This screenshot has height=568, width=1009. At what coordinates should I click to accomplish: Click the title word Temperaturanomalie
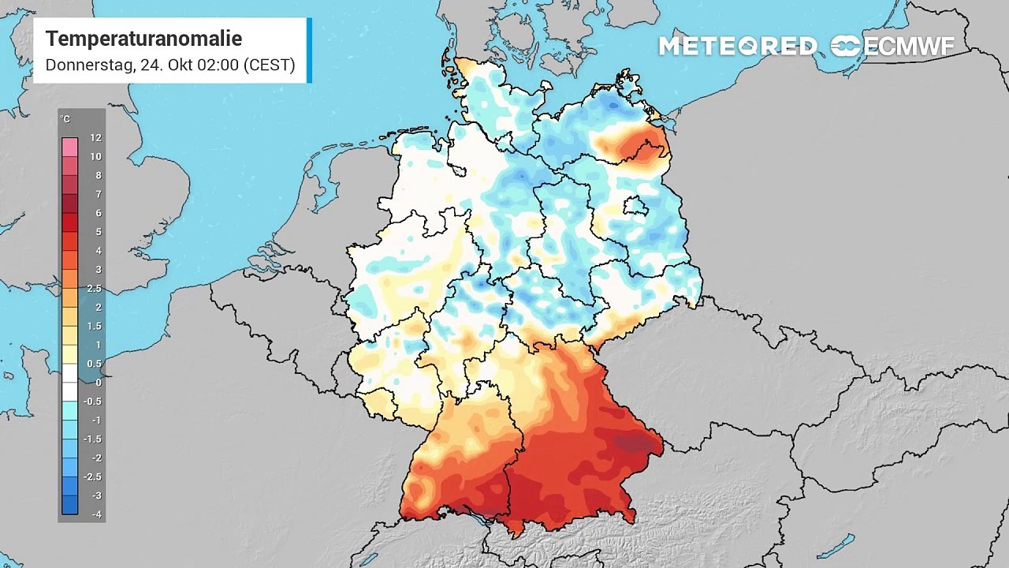[143, 39]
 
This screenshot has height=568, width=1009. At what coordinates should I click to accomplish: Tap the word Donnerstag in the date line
[89, 65]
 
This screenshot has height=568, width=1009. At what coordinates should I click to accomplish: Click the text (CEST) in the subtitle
[269, 65]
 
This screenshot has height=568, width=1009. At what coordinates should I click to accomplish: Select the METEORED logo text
[738, 47]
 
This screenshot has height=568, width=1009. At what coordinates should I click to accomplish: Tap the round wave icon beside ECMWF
[845, 47]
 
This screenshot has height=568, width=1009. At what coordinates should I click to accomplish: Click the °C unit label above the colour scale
[65, 119]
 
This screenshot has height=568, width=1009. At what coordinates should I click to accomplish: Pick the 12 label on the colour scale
[95, 137]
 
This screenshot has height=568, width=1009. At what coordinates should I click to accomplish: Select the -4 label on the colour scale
[95, 514]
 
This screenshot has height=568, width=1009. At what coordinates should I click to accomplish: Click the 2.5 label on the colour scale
[94, 289]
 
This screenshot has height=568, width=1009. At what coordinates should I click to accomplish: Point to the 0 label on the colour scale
[98, 383]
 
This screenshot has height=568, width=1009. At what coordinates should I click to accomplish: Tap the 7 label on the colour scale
[98, 194]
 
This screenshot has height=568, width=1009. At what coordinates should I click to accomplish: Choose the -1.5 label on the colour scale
[93, 439]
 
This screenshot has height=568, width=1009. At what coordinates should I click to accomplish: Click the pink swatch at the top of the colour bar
[70, 147]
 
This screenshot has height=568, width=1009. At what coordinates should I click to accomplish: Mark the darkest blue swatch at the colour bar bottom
[70, 505]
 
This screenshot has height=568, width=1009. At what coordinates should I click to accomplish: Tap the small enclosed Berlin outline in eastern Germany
[635, 207]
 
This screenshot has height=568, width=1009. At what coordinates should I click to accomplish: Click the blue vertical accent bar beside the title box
[309, 50]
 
